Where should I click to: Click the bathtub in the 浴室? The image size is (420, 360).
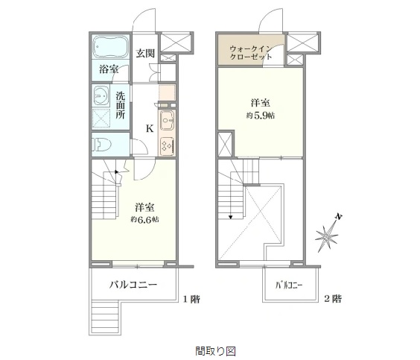pos(111,47)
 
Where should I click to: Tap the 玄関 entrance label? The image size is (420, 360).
pos(145,54)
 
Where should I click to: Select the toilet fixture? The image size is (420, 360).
pos(101,145)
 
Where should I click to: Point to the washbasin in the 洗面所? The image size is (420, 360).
pos(101,95)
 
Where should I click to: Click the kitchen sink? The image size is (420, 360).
pos(167,120)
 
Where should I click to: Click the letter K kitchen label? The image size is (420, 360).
pos(150,129)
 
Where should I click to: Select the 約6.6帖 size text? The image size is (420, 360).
pos(144,220)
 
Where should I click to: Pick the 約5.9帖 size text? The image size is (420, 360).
pos(261,116)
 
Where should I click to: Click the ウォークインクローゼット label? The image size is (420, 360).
pos(251,52)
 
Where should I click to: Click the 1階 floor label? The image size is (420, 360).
pos(191,299)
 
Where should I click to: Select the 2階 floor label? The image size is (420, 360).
pos(333,299)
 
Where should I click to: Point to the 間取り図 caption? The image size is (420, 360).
pos(215,351)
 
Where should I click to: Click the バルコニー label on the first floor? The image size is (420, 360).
pos(133,285)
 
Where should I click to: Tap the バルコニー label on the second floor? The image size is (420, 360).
pos(289,285)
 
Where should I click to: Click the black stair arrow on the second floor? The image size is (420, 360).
pos(230,218)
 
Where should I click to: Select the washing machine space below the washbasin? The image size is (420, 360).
pos(101,119)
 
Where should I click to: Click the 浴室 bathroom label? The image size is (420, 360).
pos(109,69)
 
